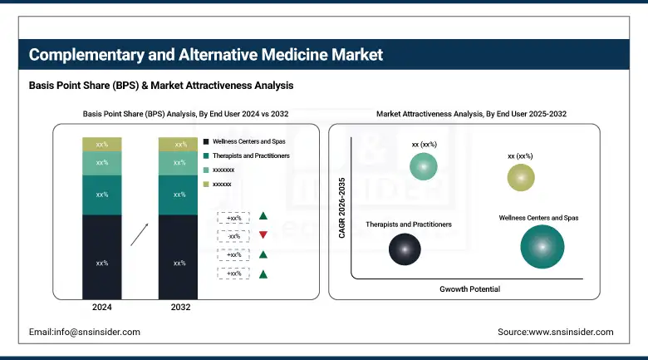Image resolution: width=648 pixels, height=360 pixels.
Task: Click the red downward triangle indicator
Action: pos(263,235)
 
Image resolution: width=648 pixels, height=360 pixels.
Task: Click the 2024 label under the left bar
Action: pos(101,308)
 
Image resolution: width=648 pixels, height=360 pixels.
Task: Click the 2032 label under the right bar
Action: pos(179,308)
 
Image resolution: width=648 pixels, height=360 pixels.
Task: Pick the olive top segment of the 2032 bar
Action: pos(179,145)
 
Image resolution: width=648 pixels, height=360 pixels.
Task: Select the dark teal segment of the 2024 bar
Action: pos(101,195)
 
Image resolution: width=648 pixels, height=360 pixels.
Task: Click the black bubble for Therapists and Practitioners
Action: pos(405,249)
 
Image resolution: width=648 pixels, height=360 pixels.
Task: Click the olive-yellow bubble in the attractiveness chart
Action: pos(521,177)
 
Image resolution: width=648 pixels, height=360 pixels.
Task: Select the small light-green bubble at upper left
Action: pos(424,167)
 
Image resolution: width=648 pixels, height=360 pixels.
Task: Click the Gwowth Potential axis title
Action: pos(469,289)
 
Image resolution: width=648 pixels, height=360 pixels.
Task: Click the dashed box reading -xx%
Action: pos(233,235)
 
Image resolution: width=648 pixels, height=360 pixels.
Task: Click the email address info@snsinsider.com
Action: pos(85,332)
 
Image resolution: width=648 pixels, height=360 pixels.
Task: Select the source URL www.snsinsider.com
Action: pos(556,332)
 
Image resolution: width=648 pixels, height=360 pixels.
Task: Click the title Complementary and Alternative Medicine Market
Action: pos(206,56)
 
